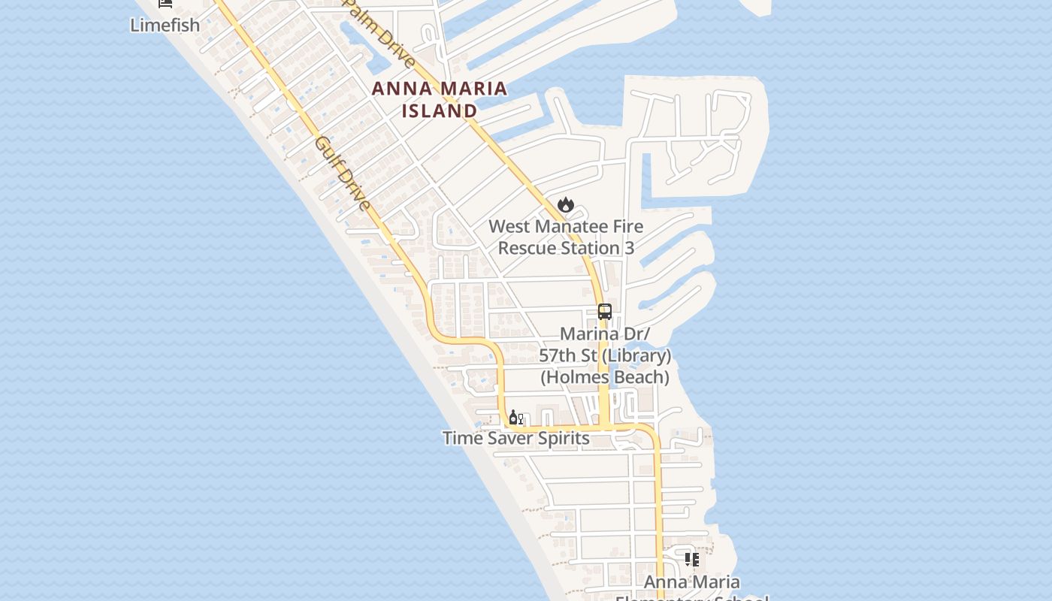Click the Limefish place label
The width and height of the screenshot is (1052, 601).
pos(165,25)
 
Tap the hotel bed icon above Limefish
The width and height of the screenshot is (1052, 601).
pos(165,3)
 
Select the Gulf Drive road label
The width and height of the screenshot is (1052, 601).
pos(343,174)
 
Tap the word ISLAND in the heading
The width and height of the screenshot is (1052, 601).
pos(440,111)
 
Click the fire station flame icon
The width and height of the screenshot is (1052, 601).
pos(566,204)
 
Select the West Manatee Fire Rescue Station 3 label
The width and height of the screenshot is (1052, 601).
pos(566,237)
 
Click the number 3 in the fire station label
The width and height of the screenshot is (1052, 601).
pos(629,248)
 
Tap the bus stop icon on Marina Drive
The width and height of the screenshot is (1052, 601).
pos(605,311)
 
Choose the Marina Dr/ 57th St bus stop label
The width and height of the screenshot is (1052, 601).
pos(605,355)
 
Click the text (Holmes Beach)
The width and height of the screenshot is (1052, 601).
pos(605,377)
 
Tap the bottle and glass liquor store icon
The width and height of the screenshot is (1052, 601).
pos(515,418)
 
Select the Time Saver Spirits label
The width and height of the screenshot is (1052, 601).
pos(515,438)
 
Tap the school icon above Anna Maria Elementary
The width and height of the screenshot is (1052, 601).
pos(692,560)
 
